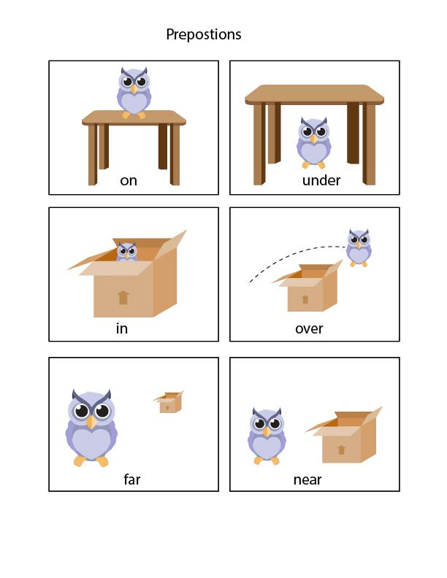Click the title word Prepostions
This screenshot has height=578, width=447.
(203, 34)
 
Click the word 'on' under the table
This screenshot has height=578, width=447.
(129, 180)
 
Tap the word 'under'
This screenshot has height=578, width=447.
(321, 180)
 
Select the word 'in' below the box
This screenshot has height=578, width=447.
(122, 328)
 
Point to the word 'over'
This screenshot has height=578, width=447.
(309, 328)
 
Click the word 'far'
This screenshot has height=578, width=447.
(131, 479)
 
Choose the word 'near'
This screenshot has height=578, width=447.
(307, 479)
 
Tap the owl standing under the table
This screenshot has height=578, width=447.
(314, 142)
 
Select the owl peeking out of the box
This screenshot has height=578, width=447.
(127, 252)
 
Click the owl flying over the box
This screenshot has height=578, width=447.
(359, 247)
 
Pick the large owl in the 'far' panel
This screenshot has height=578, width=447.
(91, 428)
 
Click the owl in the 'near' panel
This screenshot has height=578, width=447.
(267, 436)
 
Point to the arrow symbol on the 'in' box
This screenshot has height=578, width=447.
(123, 296)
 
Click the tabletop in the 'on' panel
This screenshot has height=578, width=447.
(134, 117)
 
